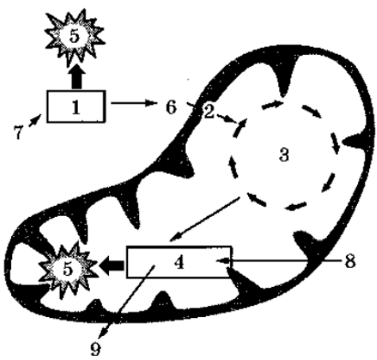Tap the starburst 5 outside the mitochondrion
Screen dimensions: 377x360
pos(75,37)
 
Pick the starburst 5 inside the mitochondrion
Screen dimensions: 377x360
pos(68,269)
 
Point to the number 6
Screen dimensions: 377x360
pos(171,107)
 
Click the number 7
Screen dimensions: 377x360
pos(17,132)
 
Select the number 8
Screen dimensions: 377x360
pos(350,261)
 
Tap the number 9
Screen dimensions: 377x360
pos(95,349)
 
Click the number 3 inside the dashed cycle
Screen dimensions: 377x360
pos(284,155)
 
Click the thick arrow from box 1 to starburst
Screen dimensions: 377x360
pos(76,76)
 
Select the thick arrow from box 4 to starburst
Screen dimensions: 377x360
pos(112,265)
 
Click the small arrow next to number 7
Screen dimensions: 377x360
pos(35,120)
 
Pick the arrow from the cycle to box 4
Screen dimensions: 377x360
pos(204,219)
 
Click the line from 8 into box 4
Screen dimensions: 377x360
pos(280,261)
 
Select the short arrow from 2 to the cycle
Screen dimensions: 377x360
pos(227,118)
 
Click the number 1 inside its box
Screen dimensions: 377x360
pos(76,108)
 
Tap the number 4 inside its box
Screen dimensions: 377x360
pos(179,263)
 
